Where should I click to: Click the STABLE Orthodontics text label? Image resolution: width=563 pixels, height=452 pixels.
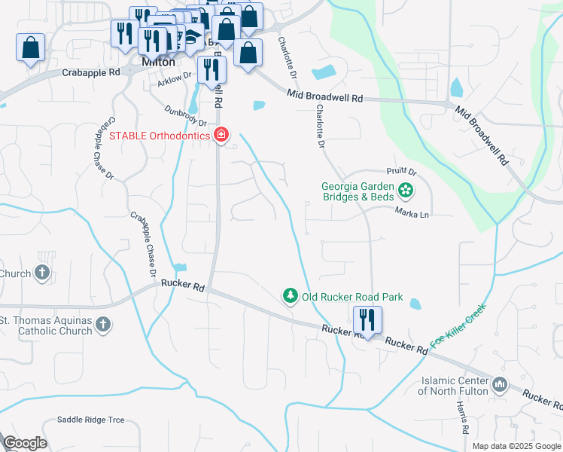coord(159,136)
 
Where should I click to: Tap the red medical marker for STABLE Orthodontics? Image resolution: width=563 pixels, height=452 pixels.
coord(221,136)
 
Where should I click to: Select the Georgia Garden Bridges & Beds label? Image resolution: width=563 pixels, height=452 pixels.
coord(358,191)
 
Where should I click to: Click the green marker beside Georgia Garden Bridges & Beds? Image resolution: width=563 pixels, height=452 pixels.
coord(406,191)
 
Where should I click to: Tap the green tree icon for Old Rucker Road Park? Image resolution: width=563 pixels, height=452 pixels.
coord(290,296)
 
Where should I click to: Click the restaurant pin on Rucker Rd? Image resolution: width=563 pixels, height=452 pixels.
coord(367,320)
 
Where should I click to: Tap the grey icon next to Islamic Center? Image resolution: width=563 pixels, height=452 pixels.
coord(500,386)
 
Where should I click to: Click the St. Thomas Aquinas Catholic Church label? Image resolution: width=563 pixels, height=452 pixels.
coord(45,325)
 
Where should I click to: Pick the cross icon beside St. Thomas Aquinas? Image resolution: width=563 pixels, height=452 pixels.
coord(102,325)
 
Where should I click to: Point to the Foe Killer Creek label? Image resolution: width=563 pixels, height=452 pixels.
coord(458,325)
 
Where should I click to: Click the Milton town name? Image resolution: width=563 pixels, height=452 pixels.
coord(158,63)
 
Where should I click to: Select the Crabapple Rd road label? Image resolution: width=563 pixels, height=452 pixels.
coord(91,73)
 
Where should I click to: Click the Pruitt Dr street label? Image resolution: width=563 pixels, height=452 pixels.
coord(403,173)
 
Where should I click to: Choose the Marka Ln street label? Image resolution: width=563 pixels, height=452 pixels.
coord(412,214)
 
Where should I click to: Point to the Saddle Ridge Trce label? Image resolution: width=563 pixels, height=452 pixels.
coord(91,420)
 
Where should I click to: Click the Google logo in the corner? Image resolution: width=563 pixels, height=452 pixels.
coord(25,443)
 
